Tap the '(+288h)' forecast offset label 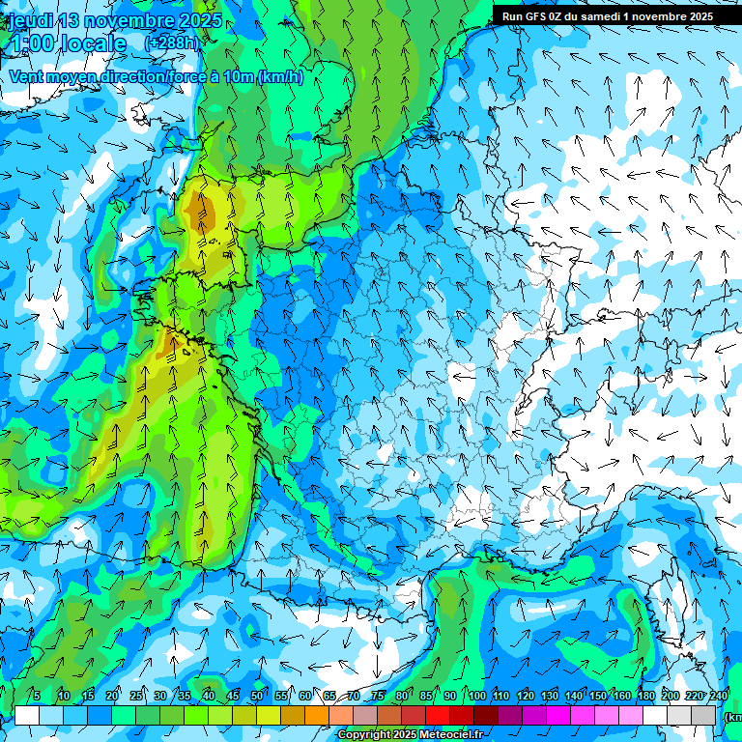coord(171,43)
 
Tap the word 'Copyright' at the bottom coord(364,735)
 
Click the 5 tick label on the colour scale coord(37,696)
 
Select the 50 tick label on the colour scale coord(257,696)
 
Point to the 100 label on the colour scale coord(476,696)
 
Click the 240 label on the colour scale coord(719,696)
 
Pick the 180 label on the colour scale coord(646,696)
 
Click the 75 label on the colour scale coord(378,696)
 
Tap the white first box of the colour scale coord(27,715)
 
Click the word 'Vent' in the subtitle coord(26,77)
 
